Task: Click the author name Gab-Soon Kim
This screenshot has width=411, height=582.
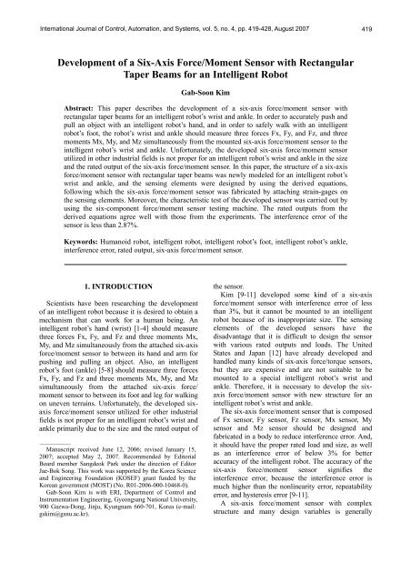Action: pos(205,94)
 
